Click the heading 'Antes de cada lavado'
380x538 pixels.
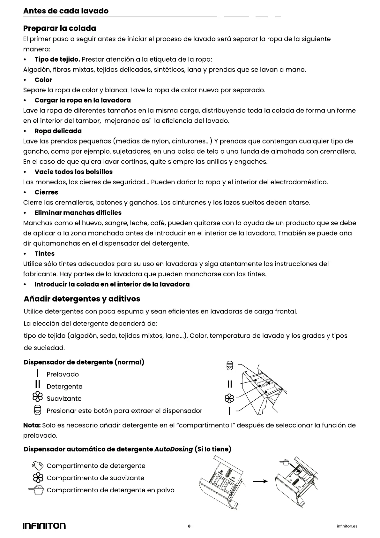coord(66,11)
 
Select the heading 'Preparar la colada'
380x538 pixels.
coord(59,28)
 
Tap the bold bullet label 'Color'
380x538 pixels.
coord(43,80)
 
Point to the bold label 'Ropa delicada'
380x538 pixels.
coord(58,131)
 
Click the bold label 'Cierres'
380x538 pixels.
coord(46,192)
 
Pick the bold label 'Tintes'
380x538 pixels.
coord(44,254)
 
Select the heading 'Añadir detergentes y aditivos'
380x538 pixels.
coord(82,299)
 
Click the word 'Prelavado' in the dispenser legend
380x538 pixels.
coord(63,374)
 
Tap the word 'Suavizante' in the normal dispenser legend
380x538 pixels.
coord(64,399)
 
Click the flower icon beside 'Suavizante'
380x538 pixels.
coord(38,397)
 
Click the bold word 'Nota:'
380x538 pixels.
coord(32,425)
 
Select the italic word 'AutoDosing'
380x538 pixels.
coord(174,449)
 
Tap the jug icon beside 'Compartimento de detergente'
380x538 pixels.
coord(38,465)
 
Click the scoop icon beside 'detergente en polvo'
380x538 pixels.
coord(36,489)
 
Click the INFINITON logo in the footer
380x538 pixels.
coord(44,526)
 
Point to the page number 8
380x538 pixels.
coord(189,526)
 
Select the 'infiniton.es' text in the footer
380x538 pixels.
coord(347,526)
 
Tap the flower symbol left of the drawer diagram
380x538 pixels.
coord(229,398)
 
